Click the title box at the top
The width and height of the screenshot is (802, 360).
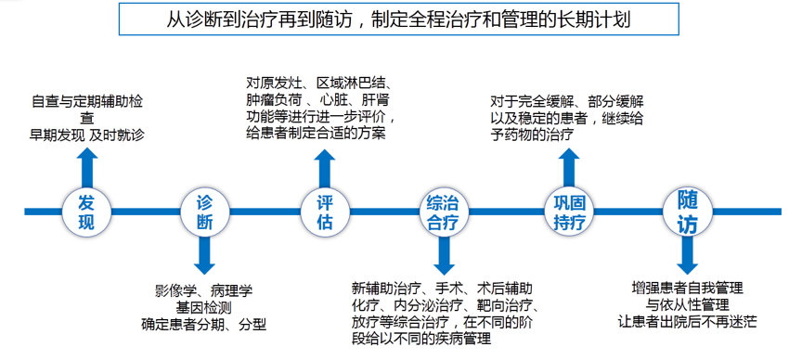pyautogui.click(x=400, y=19)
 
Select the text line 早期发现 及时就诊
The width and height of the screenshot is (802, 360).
pyautogui.click(x=86, y=135)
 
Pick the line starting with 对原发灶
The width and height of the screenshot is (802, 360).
pyautogui.click(x=323, y=82)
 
